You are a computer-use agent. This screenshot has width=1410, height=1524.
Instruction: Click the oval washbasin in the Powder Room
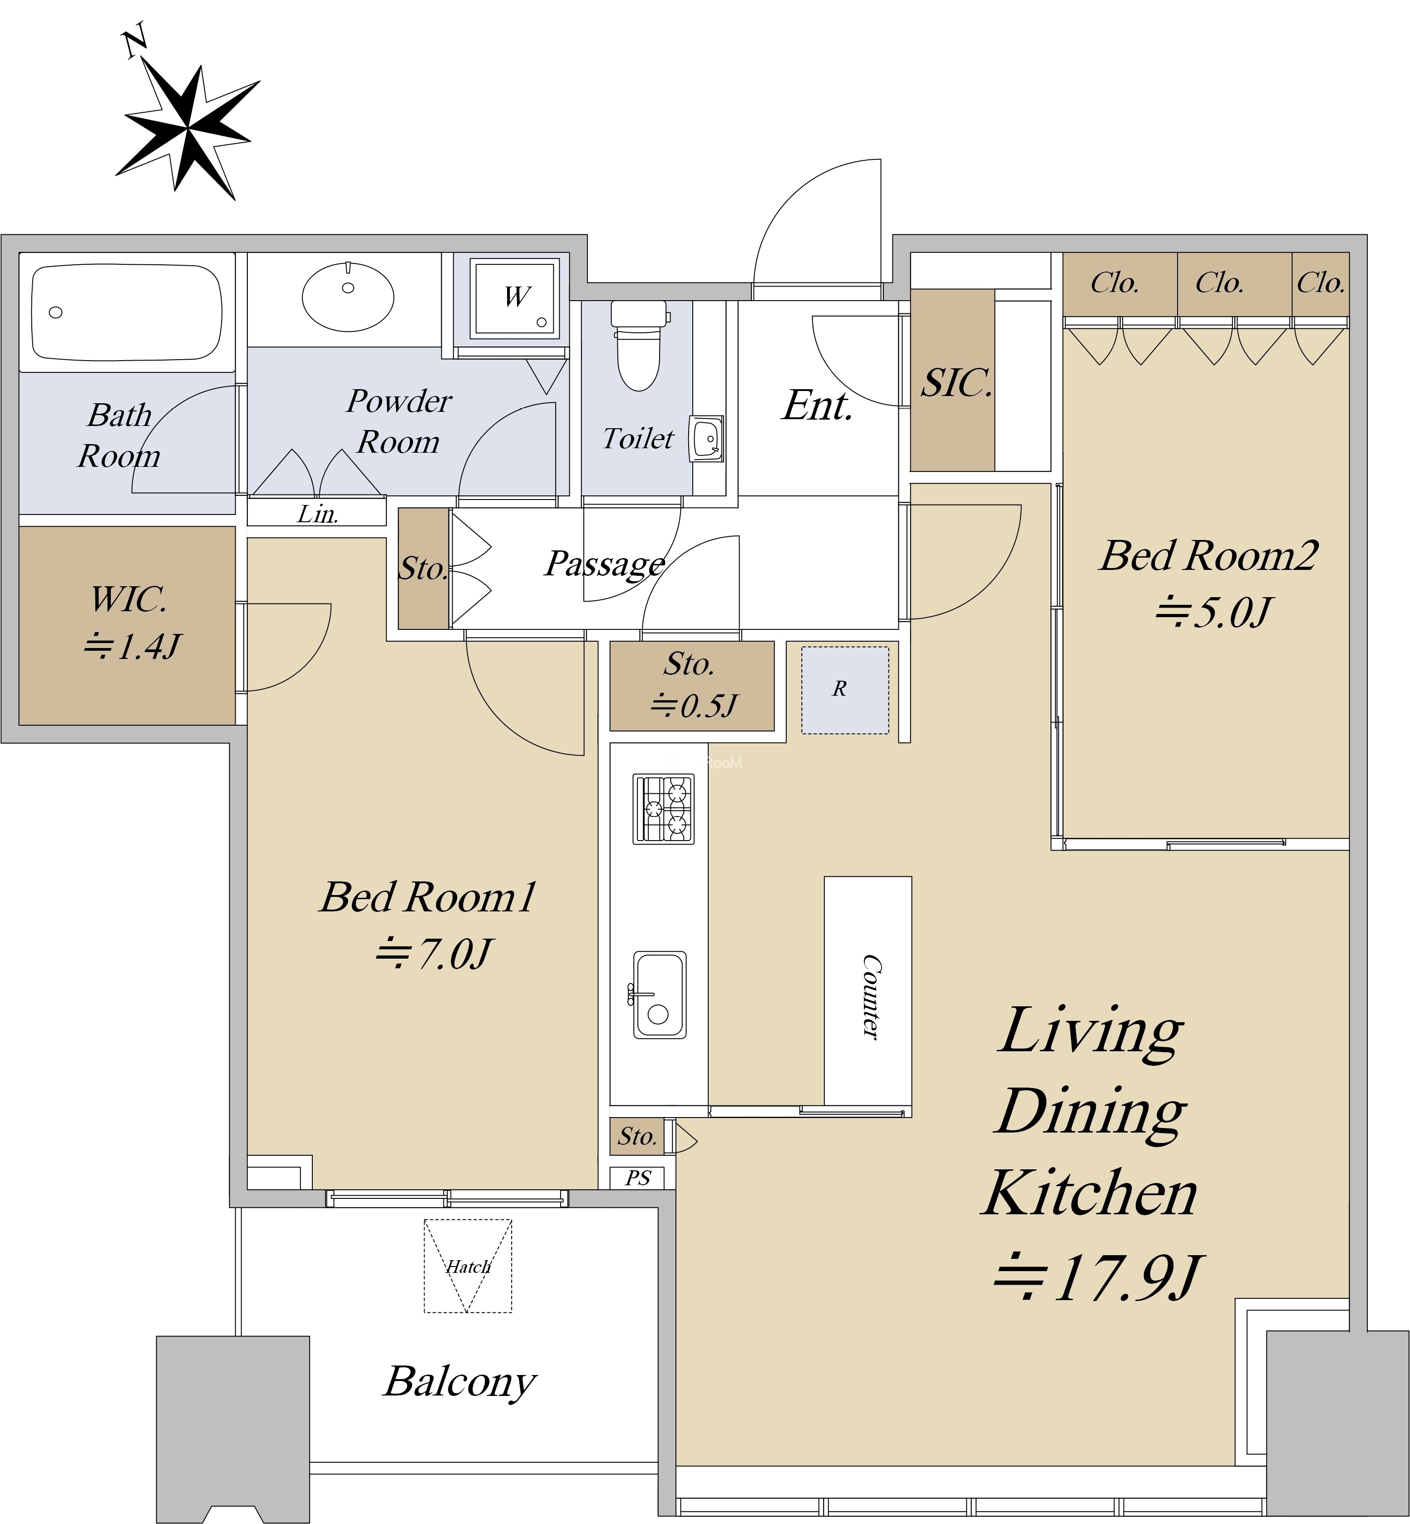tap(348, 297)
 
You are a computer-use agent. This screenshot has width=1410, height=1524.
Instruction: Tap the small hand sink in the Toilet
tap(706, 439)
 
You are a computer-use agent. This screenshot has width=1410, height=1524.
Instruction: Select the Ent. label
tap(816, 405)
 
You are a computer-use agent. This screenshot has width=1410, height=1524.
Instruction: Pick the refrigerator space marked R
tap(845, 690)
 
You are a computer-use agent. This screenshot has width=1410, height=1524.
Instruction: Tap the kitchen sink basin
tap(660, 995)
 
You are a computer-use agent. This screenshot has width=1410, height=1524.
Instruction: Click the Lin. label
tap(317, 515)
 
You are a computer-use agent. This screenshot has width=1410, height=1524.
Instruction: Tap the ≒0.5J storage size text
tap(693, 706)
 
